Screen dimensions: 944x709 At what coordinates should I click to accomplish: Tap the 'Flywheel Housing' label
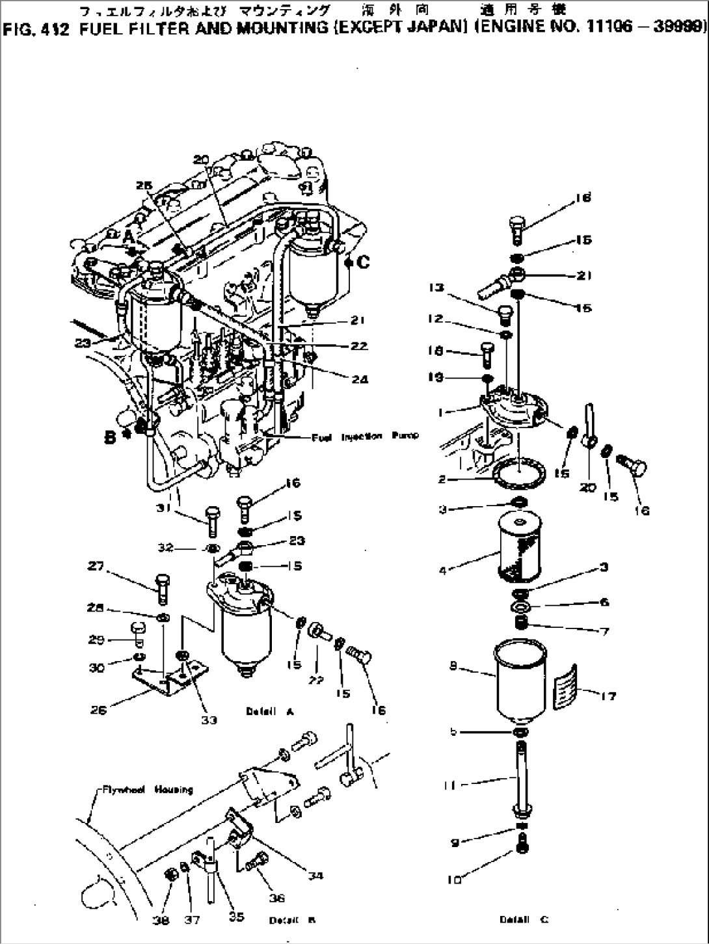[148, 790]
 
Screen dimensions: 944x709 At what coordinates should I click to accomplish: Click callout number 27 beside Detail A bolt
[96, 567]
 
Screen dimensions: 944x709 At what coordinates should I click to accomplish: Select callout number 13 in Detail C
[435, 288]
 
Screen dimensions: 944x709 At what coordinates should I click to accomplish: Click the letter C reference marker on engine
[362, 262]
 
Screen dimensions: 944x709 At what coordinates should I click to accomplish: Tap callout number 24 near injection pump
[360, 379]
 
